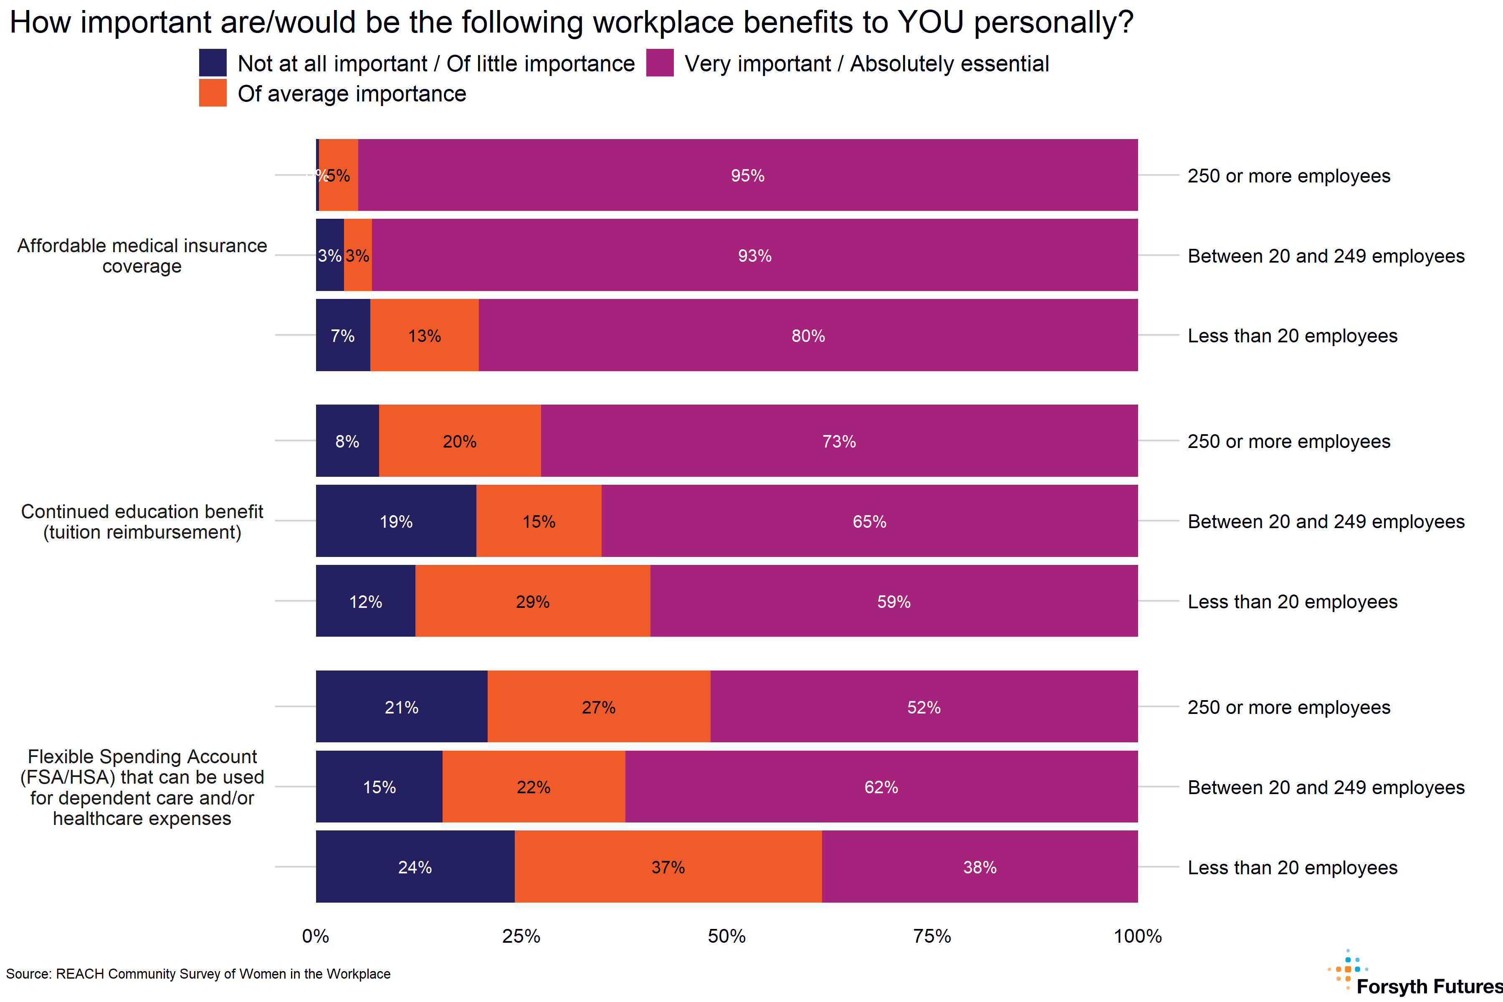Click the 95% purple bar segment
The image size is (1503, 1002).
pos(748,175)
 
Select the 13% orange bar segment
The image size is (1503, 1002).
pos(424,336)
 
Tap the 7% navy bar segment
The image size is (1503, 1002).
pos(342,336)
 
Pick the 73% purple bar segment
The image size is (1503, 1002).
pos(839,441)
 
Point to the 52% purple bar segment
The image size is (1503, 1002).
pos(924,707)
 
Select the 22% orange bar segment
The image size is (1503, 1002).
pos(534,787)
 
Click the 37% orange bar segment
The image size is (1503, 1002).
pos(668,867)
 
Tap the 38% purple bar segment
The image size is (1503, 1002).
pos(979,867)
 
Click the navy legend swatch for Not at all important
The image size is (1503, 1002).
pos(213,63)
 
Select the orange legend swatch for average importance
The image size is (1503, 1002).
pos(213,93)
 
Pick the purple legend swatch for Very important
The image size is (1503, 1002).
pos(660,63)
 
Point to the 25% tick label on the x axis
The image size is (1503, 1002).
pos(521,936)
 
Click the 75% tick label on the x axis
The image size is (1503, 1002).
pos(932,936)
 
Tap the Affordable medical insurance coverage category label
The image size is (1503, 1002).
pos(142,256)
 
